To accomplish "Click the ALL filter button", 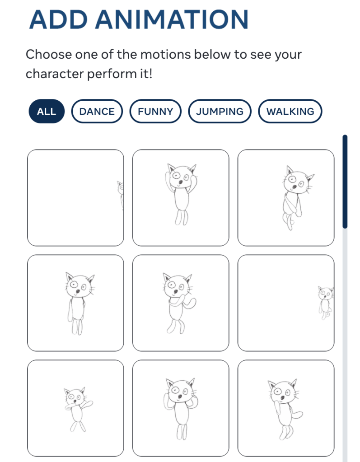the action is pyautogui.click(x=47, y=112).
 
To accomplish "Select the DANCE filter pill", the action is pyautogui.click(x=97, y=112).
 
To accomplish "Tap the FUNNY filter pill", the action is pyautogui.click(x=155, y=112).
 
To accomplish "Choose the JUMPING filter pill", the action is pyautogui.click(x=220, y=112).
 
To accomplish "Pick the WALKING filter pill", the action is pyautogui.click(x=290, y=112).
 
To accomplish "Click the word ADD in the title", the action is pyautogui.click(x=59, y=20).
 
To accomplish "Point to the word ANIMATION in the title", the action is pyautogui.click(x=172, y=20).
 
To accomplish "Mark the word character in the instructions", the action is pyautogui.click(x=55, y=74).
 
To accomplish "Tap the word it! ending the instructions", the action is pyautogui.click(x=145, y=74).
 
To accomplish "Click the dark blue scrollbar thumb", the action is pyautogui.click(x=345, y=182).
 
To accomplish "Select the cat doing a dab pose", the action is pyautogui.click(x=78, y=410).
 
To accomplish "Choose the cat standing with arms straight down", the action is pyautogui.click(x=78, y=303).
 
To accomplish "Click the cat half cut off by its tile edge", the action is pyautogui.click(x=121, y=195).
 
